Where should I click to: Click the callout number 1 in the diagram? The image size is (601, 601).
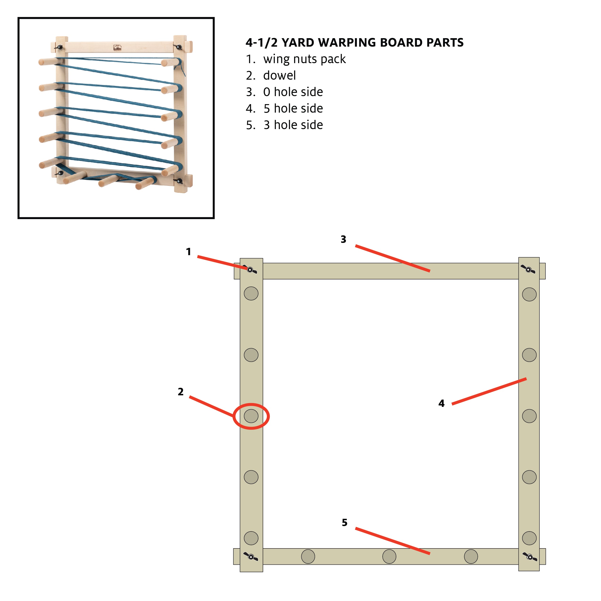tap(188, 252)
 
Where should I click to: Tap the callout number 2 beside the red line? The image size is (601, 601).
tap(180, 392)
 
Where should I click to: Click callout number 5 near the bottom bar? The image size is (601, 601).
tap(344, 522)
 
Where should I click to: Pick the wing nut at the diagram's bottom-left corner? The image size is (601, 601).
tap(251, 556)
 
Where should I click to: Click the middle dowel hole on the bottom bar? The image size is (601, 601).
tap(389, 556)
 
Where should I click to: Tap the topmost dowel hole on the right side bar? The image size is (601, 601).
tap(529, 294)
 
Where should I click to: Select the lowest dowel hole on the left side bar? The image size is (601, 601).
tap(251, 538)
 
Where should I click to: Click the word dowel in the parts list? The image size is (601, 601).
tap(279, 76)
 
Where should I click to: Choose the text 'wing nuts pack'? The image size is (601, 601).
tap(304, 59)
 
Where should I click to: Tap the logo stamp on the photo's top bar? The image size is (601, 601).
tap(117, 48)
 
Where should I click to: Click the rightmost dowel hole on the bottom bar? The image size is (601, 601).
tap(471, 556)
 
